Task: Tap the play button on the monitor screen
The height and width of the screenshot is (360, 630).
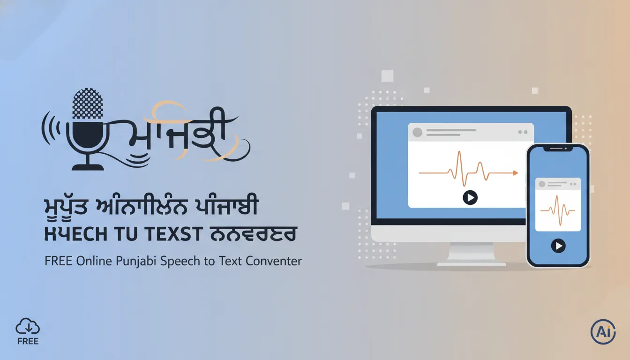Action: pos(470,197)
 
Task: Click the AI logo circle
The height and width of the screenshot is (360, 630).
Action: pos(603,332)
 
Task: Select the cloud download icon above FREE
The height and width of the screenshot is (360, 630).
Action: pos(28,326)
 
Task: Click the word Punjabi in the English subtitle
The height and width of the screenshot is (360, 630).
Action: pos(135,261)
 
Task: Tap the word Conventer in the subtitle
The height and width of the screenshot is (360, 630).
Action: pos(274,261)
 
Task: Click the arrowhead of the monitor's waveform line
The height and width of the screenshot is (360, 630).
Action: pos(516,173)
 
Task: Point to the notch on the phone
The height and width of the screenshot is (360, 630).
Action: pos(558,148)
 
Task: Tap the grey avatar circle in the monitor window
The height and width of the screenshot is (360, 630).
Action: pos(417,132)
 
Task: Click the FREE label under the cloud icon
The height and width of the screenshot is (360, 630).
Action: pos(28,341)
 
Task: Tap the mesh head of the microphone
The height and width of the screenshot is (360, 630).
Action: pos(88,104)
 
